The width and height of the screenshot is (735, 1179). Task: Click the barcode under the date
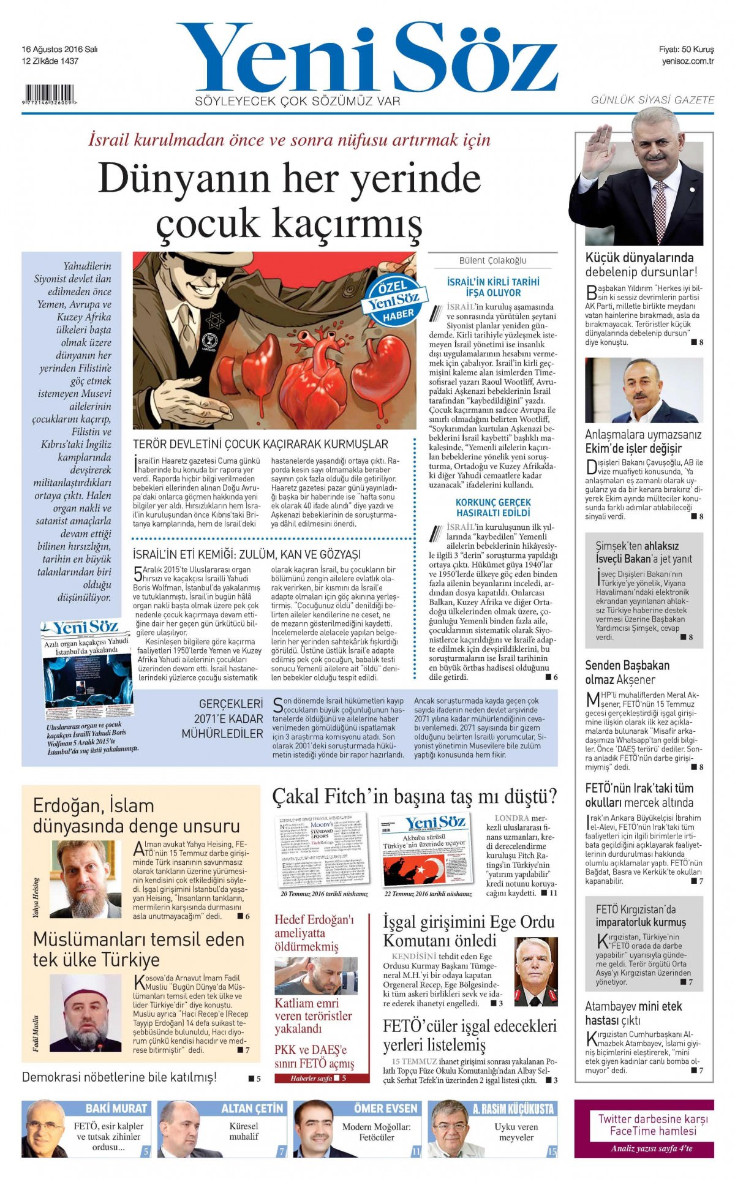[x=48, y=95]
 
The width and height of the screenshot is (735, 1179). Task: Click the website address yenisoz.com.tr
[x=688, y=61]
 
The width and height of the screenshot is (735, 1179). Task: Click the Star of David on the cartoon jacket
[x=214, y=320]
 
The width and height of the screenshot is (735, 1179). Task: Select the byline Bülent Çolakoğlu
[x=492, y=260]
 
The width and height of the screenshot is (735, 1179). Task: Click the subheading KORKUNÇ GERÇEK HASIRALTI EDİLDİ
[x=493, y=507]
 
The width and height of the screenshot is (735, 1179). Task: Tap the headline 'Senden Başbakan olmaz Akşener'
[x=627, y=672]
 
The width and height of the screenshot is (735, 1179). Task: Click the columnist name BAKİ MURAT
[x=116, y=1108]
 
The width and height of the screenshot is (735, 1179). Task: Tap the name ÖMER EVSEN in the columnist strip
[x=385, y=1108]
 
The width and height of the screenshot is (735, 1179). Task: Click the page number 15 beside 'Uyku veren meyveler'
[x=552, y=1151]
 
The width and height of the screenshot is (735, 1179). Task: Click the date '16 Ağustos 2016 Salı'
[x=59, y=50]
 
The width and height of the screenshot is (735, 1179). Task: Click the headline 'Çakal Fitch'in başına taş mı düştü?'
[x=415, y=797]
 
